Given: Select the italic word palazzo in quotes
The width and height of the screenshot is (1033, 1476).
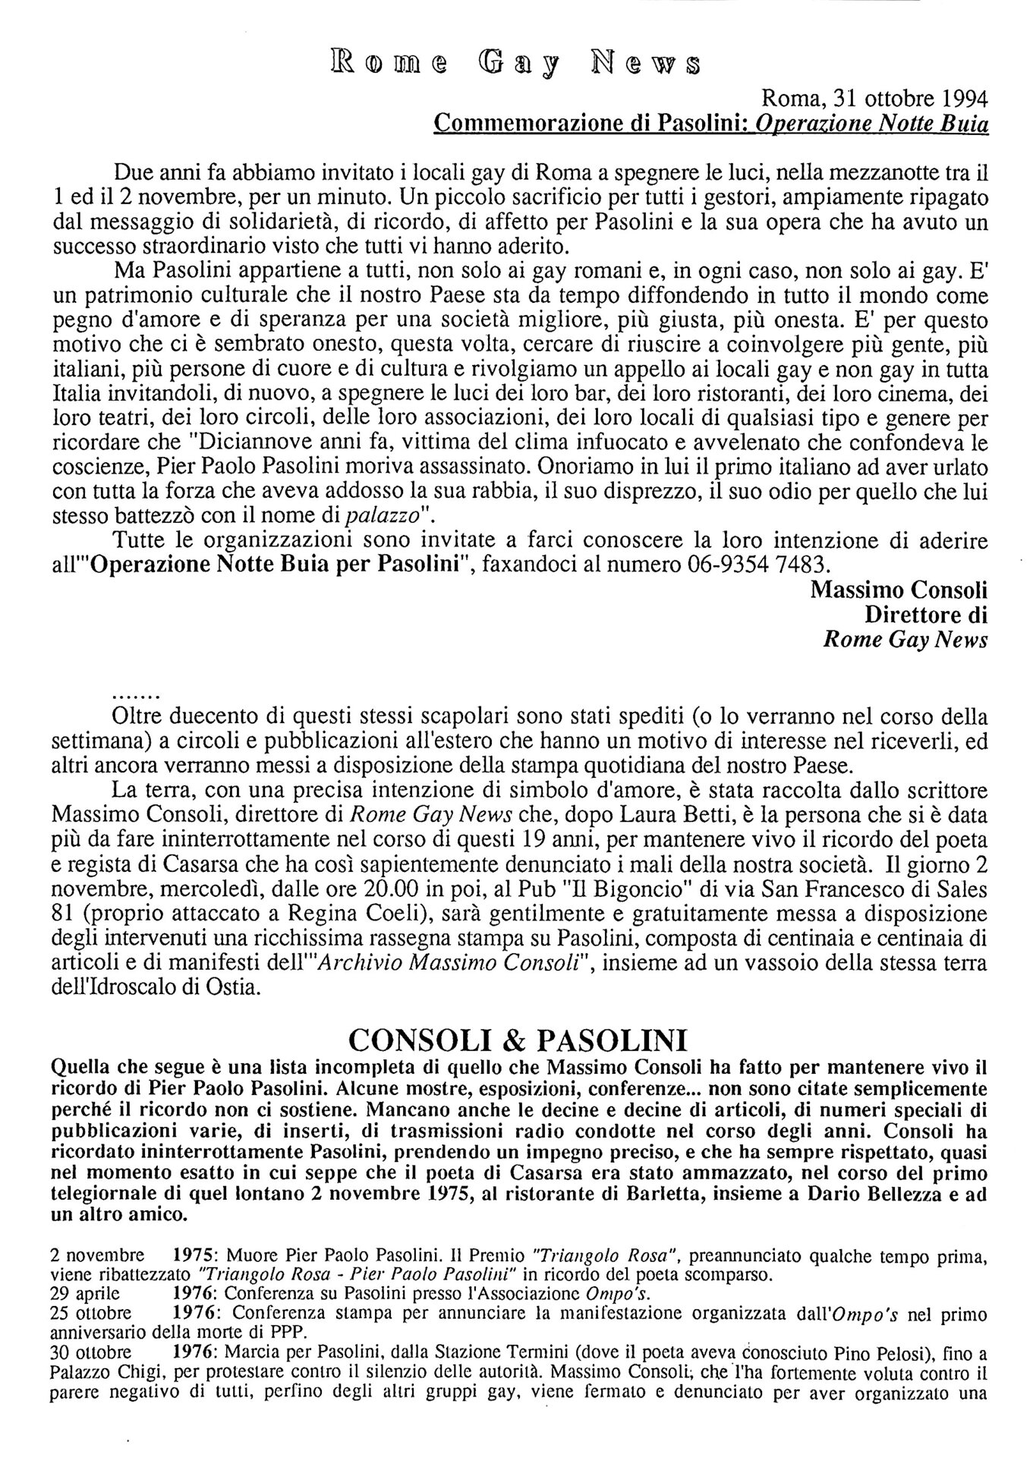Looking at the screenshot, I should pyautogui.click(x=382, y=517).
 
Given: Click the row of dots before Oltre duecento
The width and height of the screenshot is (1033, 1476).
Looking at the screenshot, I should pyautogui.click(x=134, y=694).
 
